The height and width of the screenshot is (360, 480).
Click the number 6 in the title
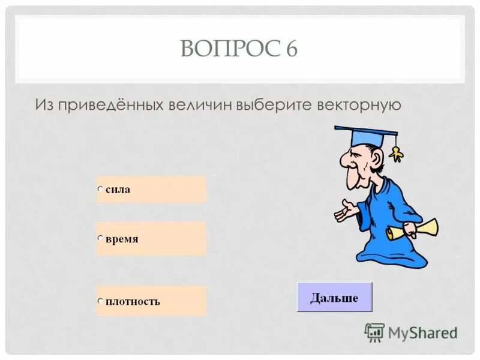tap(291, 49)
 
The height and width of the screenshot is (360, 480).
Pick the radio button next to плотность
tap(101, 301)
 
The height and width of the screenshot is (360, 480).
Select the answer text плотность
tap(133, 301)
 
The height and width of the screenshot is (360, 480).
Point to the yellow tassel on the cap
tap(395, 154)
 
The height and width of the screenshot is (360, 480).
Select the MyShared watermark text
tap(422, 332)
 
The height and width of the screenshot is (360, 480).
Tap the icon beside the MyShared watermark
tap(374, 332)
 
